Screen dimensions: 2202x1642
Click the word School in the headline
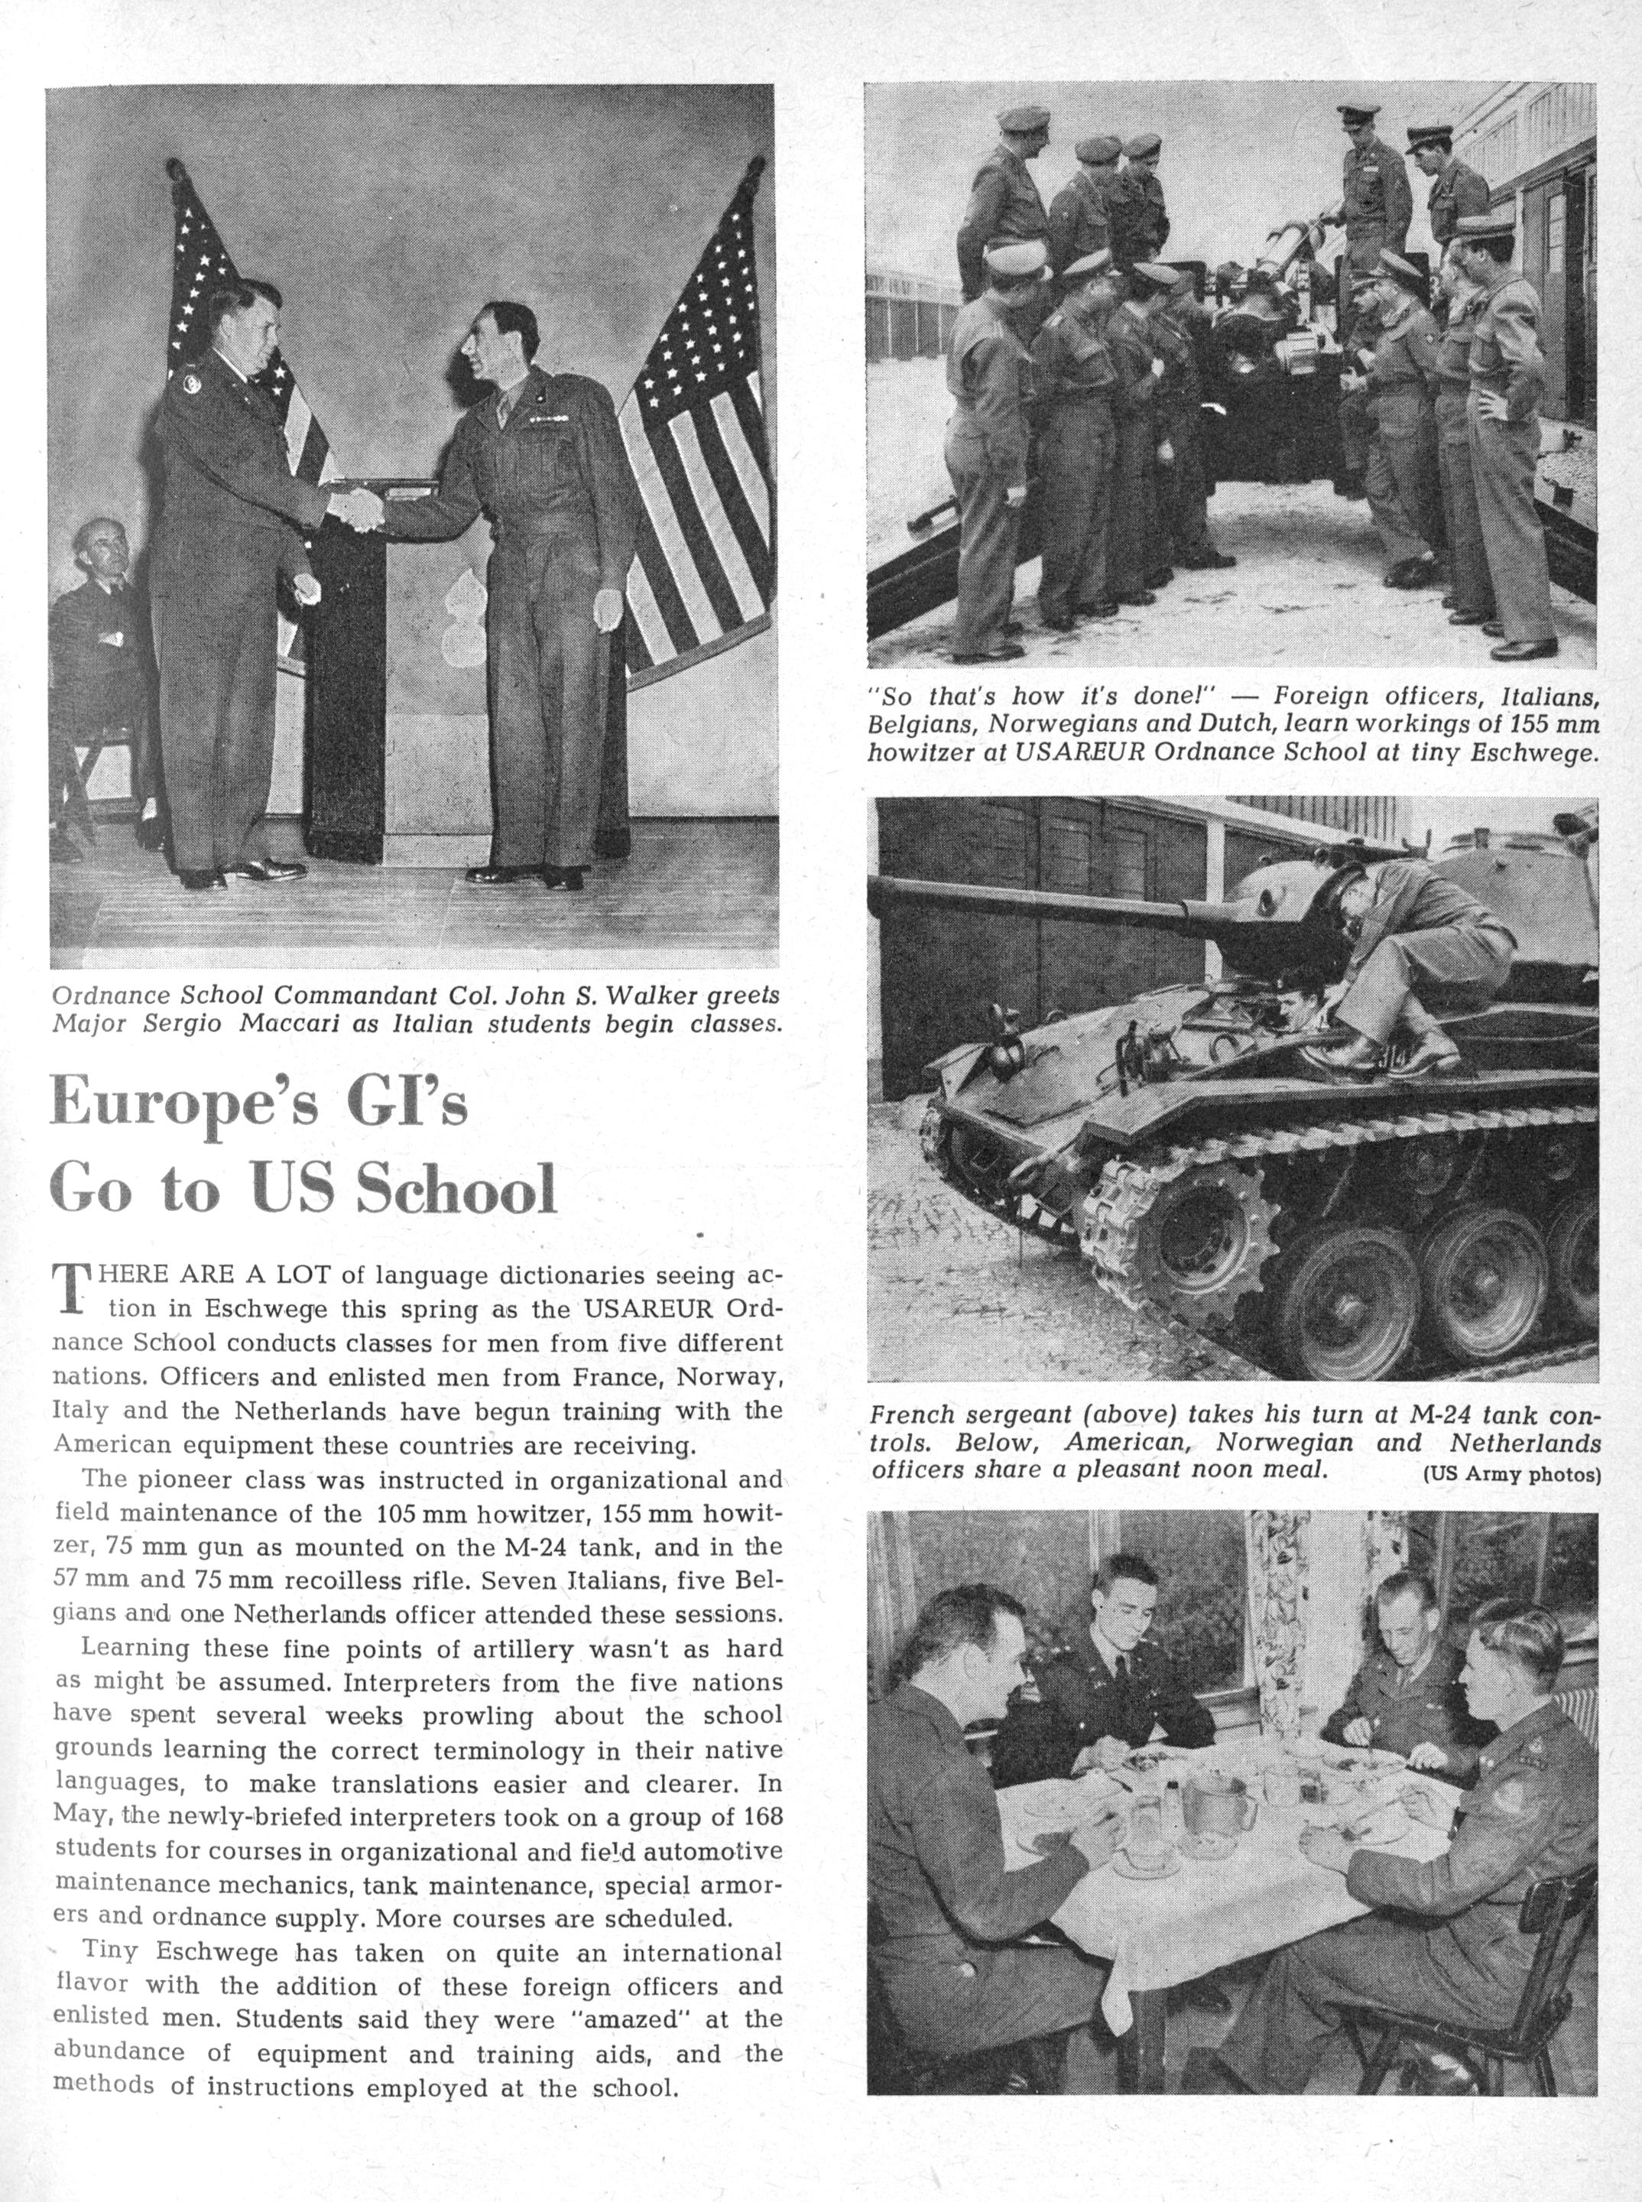[456, 1189]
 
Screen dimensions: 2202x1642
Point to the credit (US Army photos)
[1511, 1474]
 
